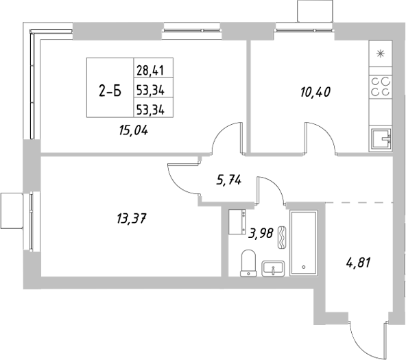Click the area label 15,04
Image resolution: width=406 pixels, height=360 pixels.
134,128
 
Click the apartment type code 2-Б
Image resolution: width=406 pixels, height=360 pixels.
110,88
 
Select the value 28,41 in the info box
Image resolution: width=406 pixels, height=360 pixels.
154,69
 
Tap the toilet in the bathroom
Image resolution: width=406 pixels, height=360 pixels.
249,263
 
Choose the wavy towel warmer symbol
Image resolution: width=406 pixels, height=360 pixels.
281,234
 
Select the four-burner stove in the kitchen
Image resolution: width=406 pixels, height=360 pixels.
381,86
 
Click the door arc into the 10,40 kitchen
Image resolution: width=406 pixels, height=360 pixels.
320,136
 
